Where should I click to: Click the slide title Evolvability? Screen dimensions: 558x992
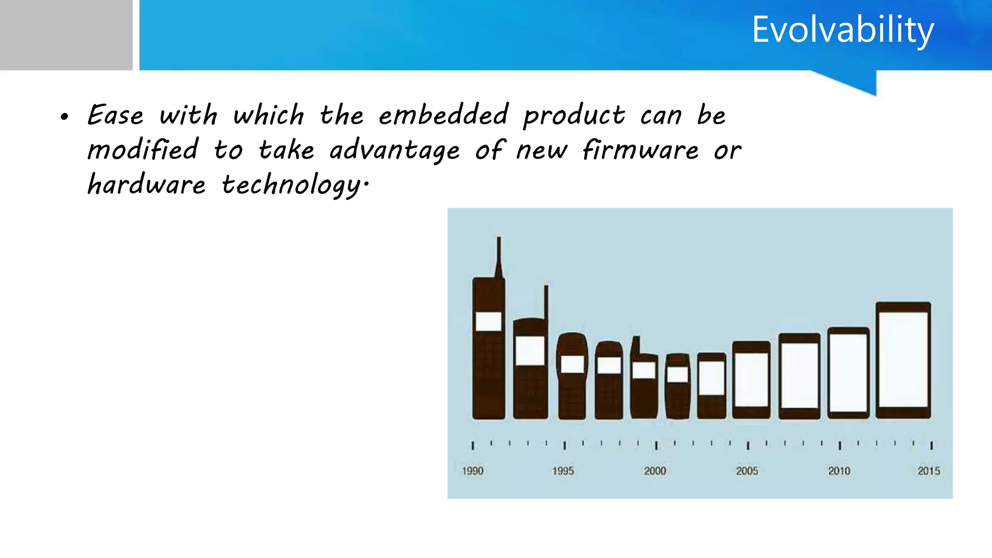[842, 30]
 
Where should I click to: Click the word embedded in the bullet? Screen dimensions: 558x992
[443, 115]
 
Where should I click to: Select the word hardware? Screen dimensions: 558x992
[146, 185]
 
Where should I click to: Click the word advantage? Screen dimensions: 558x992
[394, 151]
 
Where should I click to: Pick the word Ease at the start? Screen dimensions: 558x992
[115, 115]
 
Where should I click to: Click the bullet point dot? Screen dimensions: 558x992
[64, 117]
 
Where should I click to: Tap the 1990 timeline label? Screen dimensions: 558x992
[472, 471]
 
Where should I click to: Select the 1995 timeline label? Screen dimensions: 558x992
[563, 471]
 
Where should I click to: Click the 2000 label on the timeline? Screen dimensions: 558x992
[655, 471]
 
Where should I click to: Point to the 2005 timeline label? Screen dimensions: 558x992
[747, 471]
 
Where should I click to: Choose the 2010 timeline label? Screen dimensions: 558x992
[839, 471]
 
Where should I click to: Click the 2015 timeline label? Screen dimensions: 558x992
[929, 471]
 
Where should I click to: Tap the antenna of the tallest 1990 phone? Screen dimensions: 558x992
[499, 257]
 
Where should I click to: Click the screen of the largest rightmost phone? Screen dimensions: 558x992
[903, 359]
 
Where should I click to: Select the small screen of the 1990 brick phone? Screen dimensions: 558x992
[488, 321]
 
